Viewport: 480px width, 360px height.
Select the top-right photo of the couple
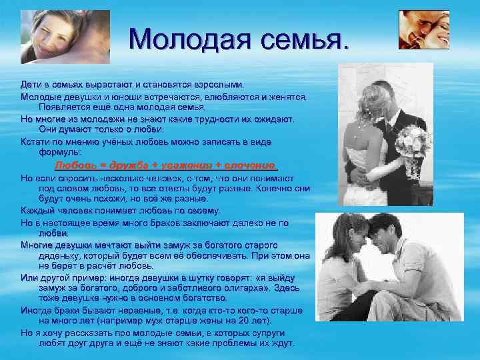(x=423, y=30)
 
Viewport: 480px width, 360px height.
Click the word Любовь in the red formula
(x=74, y=165)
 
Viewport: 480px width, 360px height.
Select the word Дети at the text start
(x=31, y=85)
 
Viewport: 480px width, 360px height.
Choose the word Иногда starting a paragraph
(x=37, y=311)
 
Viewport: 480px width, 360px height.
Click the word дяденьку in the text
(x=61, y=255)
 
